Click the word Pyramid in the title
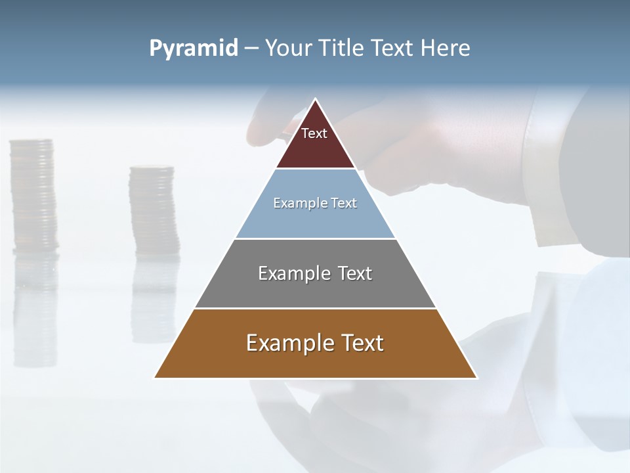[194, 49]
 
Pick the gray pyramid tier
[315, 289]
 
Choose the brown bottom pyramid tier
[315, 361]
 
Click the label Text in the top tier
[314, 133]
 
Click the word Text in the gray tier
[355, 273]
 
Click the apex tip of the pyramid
[316, 100]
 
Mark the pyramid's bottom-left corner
[156, 377]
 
